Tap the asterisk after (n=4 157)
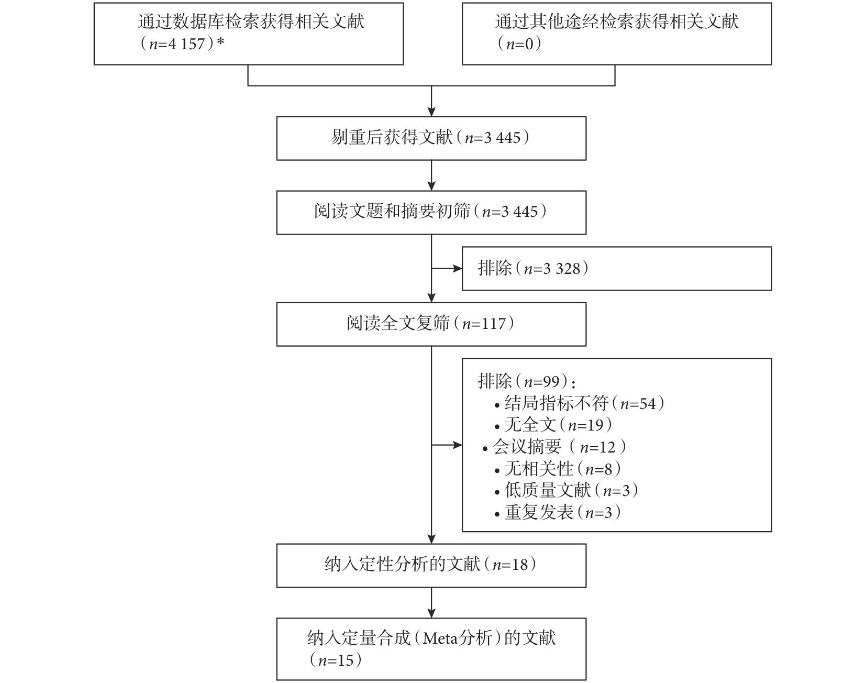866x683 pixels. (x=220, y=41)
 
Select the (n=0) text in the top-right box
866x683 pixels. (x=518, y=43)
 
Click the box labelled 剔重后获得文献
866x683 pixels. (x=431, y=138)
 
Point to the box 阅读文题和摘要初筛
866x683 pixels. (x=431, y=212)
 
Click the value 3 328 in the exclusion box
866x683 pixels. (x=562, y=269)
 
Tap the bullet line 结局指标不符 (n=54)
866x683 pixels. (x=580, y=403)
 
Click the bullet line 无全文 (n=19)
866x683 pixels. (x=553, y=425)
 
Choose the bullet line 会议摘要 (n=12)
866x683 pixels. (x=554, y=447)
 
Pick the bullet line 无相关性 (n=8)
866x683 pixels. (x=558, y=469)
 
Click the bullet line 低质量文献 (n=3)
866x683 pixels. (x=567, y=490)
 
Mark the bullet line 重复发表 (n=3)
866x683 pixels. (x=558, y=512)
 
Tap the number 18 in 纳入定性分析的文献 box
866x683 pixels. (x=519, y=565)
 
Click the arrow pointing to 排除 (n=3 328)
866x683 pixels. (x=447, y=269)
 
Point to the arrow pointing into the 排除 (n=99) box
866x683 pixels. (x=447, y=445)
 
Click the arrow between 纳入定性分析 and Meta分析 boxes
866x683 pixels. (x=431, y=603)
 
